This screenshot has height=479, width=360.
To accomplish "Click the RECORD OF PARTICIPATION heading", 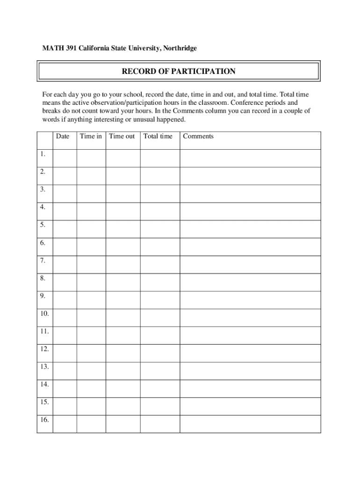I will [179, 72].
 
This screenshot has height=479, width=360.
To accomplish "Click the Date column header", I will [63, 136].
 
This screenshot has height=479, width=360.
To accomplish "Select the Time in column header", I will [91, 136].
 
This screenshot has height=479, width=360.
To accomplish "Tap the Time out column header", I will [122, 136].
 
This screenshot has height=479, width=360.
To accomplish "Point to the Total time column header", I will [158, 136].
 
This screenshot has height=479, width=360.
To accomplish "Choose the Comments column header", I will [198, 136].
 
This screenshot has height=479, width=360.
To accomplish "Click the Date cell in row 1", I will [65, 158].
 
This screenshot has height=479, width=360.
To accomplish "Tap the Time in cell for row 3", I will [91, 194].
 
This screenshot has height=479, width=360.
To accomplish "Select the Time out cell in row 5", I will [122, 229].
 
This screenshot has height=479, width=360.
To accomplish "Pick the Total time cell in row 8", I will [160, 282].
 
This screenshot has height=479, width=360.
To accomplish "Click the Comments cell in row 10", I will [250, 318].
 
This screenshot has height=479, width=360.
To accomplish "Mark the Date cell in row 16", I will [65, 424].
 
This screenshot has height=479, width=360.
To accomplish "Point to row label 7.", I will [43, 261].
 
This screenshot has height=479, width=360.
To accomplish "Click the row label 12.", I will [44, 349].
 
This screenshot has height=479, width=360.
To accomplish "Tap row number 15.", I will [44, 402].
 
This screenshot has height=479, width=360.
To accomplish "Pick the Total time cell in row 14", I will [160, 388].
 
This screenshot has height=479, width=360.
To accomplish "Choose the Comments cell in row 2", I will [250, 176].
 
